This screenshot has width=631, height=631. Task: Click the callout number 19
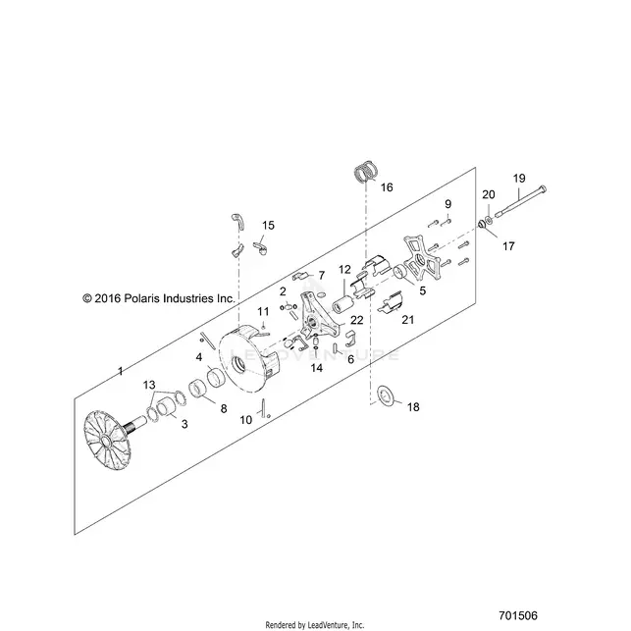pyautogui.click(x=519, y=179)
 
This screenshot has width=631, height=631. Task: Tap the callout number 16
pyautogui.click(x=387, y=187)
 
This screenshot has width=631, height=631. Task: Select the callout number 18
pyautogui.click(x=413, y=407)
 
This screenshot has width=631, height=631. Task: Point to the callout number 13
pyautogui.click(x=149, y=385)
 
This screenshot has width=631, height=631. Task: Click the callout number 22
pyautogui.click(x=357, y=320)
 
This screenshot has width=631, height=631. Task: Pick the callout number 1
pyautogui.click(x=120, y=371)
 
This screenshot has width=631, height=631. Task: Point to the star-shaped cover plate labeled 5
pyautogui.click(x=421, y=259)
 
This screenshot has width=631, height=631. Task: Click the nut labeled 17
pyautogui.click(x=481, y=224)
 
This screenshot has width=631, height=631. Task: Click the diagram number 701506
pyautogui.click(x=518, y=615)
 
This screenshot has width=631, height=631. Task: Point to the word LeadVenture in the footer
pyautogui.click(x=325, y=625)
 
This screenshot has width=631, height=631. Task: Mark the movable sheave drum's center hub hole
pyautogui.click(x=240, y=365)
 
